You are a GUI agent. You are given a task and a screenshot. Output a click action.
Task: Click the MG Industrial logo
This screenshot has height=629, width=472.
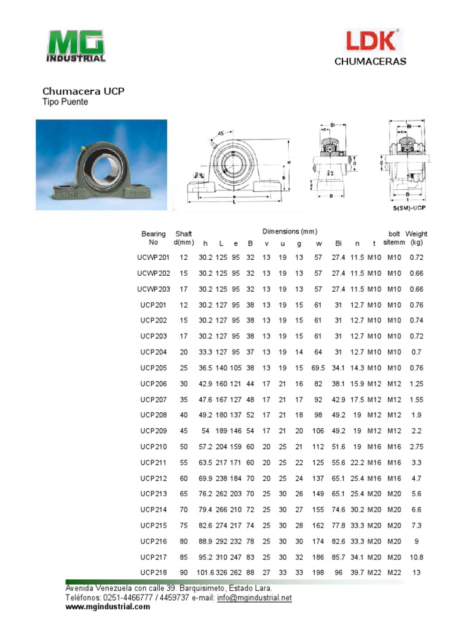tap(76, 46)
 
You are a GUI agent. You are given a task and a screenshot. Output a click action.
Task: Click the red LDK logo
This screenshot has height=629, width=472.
tap(371, 41)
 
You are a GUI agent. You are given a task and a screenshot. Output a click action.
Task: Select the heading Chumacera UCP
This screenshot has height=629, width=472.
tap(83, 91)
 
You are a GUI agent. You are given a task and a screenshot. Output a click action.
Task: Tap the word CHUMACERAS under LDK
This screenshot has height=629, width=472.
tap(370, 61)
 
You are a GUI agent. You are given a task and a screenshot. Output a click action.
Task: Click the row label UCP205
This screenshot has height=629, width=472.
tap(153, 368)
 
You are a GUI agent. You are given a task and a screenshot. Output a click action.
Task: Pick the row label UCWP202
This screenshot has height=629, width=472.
tap(153, 273)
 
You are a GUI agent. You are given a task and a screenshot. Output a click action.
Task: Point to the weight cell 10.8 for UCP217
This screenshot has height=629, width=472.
tap(416, 557)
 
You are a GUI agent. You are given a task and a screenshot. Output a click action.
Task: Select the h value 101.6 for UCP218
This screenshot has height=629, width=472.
tap(205, 573)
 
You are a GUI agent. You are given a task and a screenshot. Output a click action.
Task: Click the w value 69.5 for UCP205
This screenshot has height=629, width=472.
tap(318, 368)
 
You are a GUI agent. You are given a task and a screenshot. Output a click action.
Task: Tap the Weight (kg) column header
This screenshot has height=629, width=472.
tap(416, 238)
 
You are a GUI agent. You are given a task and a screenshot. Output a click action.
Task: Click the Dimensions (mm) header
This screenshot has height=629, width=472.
tap(289, 232)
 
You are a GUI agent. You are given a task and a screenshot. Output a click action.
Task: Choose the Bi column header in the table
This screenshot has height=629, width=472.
tap(338, 243)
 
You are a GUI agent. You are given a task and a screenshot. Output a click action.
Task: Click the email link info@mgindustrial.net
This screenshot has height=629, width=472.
tap(254, 598)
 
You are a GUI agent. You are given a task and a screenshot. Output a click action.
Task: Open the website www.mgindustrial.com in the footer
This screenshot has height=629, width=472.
tap(108, 607)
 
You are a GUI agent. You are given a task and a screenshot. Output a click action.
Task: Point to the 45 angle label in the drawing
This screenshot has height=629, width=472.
tap(220, 133)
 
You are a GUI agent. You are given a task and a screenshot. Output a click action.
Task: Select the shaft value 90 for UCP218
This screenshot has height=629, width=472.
tap(184, 573)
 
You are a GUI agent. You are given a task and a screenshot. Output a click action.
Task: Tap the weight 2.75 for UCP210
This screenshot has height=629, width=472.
tap(416, 447)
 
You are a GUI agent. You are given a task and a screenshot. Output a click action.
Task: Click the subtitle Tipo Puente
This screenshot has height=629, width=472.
tap(65, 102)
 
